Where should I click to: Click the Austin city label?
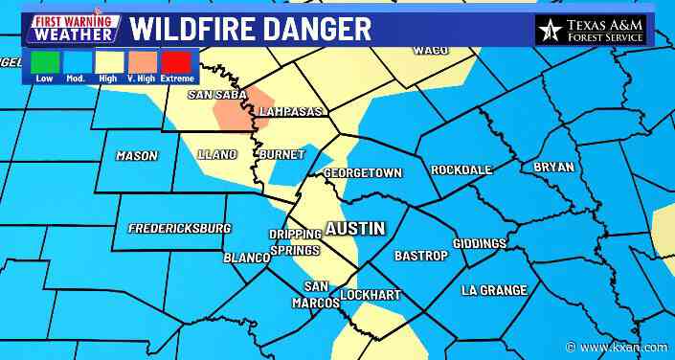(x=355, y=229)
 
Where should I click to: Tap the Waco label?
(x=431, y=50)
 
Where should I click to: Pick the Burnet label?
(x=281, y=154)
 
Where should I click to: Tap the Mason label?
(x=136, y=156)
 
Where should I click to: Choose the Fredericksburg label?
(x=180, y=229)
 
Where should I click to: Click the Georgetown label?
(x=363, y=173)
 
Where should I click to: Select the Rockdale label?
(x=461, y=169)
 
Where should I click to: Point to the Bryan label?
(x=553, y=168)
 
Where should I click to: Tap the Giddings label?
(x=479, y=244)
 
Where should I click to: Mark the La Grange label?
(x=494, y=290)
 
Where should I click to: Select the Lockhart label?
(x=371, y=295)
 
